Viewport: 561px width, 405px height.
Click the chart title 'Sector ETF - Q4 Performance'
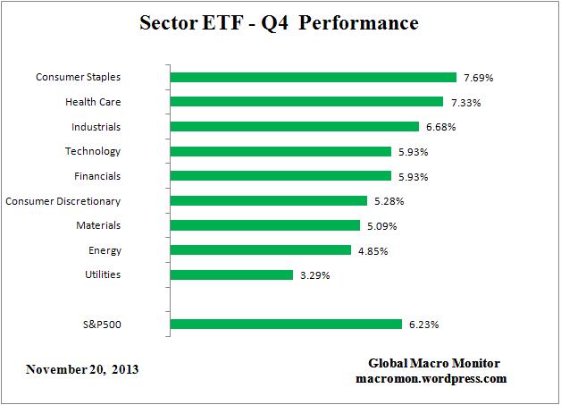tap(279, 23)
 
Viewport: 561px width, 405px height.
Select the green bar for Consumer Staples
tap(313, 78)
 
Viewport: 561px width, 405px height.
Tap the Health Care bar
tap(306, 102)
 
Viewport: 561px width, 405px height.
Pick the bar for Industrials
tap(294, 127)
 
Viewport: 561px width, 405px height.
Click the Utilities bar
tap(231, 274)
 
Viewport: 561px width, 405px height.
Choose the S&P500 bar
tap(286, 324)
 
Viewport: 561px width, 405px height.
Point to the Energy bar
tap(260, 250)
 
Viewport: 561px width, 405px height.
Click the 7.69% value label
tap(479, 78)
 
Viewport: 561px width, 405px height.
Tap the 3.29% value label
tap(314, 274)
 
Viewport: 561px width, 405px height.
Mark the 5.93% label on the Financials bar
tap(413, 176)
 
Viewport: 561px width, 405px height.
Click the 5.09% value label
tap(381, 225)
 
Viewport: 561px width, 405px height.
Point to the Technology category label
tap(93, 151)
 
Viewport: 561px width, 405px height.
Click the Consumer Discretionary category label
tap(63, 201)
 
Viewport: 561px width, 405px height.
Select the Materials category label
tap(98, 225)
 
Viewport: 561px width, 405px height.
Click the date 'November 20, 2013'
tap(82, 369)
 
